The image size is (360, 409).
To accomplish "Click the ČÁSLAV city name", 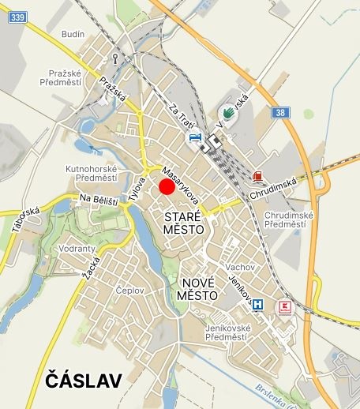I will (x=84, y=381).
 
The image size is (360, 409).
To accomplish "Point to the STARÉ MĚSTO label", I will (x=183, y=222).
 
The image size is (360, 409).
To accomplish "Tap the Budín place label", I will (x=73, y=36).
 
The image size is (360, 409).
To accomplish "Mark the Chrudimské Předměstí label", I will (x=289, y=220).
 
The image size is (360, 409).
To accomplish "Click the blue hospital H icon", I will (x=257, y=304).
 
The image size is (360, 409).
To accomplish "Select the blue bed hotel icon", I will (x=194, y=137).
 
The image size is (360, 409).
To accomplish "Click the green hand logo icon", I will (x=227, y=113).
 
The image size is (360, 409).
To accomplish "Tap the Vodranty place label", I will (x=77, y=249).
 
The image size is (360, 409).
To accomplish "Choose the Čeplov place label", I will (x=129, y=291).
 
